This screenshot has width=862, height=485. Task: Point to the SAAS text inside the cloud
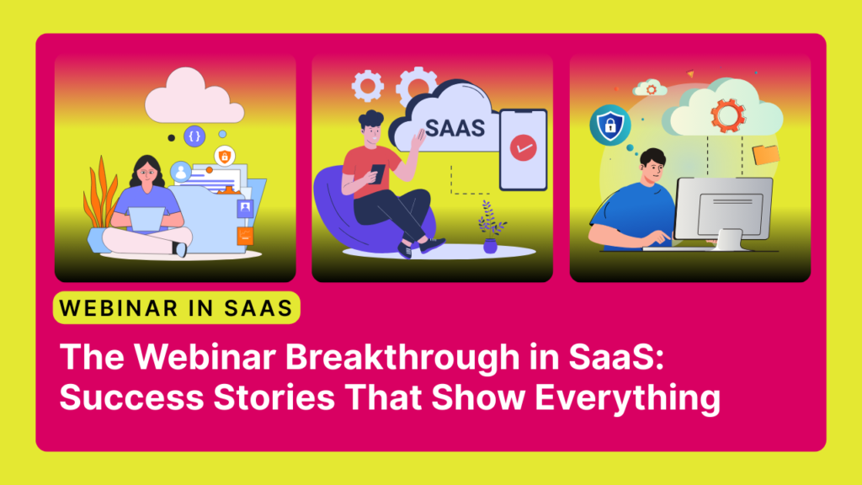[455, 128]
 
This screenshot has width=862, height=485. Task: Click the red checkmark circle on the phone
[523, 147]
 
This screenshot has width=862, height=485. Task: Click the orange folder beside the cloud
[766, 154]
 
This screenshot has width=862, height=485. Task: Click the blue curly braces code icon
[195, 136]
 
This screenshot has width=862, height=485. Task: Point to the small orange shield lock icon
[224, 156]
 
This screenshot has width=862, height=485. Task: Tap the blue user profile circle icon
[180, 172]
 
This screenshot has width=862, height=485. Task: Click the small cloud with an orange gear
[650, 87]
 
